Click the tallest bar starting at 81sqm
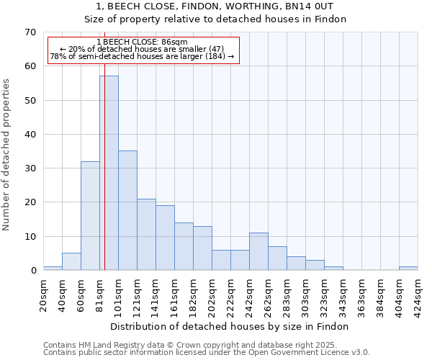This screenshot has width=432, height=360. click(109, 173)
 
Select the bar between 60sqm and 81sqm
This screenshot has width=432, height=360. click(90, 216)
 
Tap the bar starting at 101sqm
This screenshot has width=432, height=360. click(127, 210)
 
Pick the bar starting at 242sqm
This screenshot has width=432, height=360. click(258, 251)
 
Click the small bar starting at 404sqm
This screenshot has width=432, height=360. click(408, 269)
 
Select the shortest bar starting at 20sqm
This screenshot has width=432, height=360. click(53, 269)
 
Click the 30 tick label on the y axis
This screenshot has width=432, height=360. click(30, 168)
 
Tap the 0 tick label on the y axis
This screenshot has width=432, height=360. click(32, 271)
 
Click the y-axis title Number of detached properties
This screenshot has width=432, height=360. click(7, 155)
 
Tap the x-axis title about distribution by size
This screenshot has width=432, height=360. click(230, 326)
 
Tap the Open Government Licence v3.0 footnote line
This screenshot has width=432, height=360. click(207, 353)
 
